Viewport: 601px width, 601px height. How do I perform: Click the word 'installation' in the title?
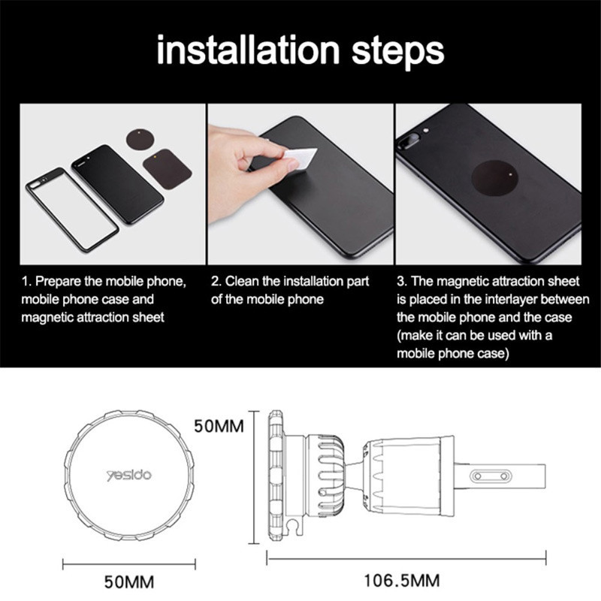249,50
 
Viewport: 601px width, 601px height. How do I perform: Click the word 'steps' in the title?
398,52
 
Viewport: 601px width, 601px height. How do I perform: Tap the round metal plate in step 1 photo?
140,140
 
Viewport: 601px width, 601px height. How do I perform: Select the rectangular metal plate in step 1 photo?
167,168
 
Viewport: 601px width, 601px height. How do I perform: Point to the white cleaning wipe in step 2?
301,158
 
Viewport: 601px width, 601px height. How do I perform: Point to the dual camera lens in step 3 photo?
406,140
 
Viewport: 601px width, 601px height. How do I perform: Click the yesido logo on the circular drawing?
128,476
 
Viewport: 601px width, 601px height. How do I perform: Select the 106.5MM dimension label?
401,580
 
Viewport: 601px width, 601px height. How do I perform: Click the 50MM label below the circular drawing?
129,581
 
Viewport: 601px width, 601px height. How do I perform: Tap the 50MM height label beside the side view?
219,426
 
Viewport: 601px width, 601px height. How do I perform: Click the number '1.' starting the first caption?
26,281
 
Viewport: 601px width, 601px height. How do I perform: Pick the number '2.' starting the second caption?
216,281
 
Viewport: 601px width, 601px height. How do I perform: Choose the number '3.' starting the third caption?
403,281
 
